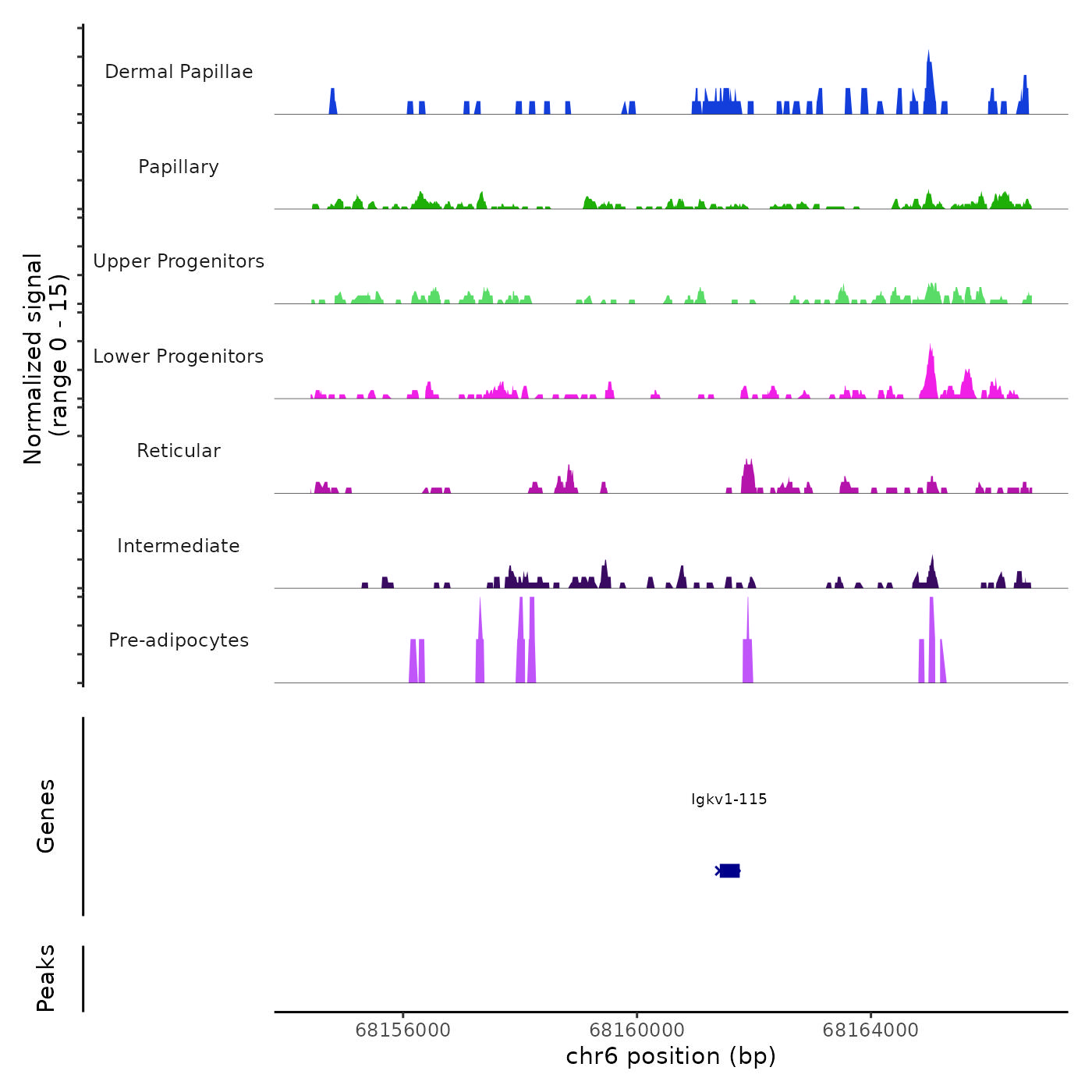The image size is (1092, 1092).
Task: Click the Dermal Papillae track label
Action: (179, 72)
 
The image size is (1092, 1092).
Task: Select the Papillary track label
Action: (179, 167)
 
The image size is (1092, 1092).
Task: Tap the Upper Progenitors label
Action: (179, 261)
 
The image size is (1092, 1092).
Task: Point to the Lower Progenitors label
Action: (179, 356)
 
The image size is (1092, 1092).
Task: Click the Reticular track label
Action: (179, 451)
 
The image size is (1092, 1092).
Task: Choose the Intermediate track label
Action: (179, 546)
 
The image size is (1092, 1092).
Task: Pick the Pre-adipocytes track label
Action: (179, 640)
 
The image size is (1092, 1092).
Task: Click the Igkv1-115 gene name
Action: (729, 799)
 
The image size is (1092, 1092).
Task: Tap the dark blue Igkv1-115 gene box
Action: (729, 870)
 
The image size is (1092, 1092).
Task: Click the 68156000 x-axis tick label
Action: (402, 1030)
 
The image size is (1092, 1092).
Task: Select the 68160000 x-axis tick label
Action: (636, 1030)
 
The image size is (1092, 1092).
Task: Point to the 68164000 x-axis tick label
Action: (870, 1030)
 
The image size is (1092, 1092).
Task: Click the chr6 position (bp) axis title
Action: (671, 1057)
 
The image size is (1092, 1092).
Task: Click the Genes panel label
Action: (46, 816)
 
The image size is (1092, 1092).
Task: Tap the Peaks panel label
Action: (46, 978)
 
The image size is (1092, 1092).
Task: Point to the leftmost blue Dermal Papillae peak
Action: (333, 102)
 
